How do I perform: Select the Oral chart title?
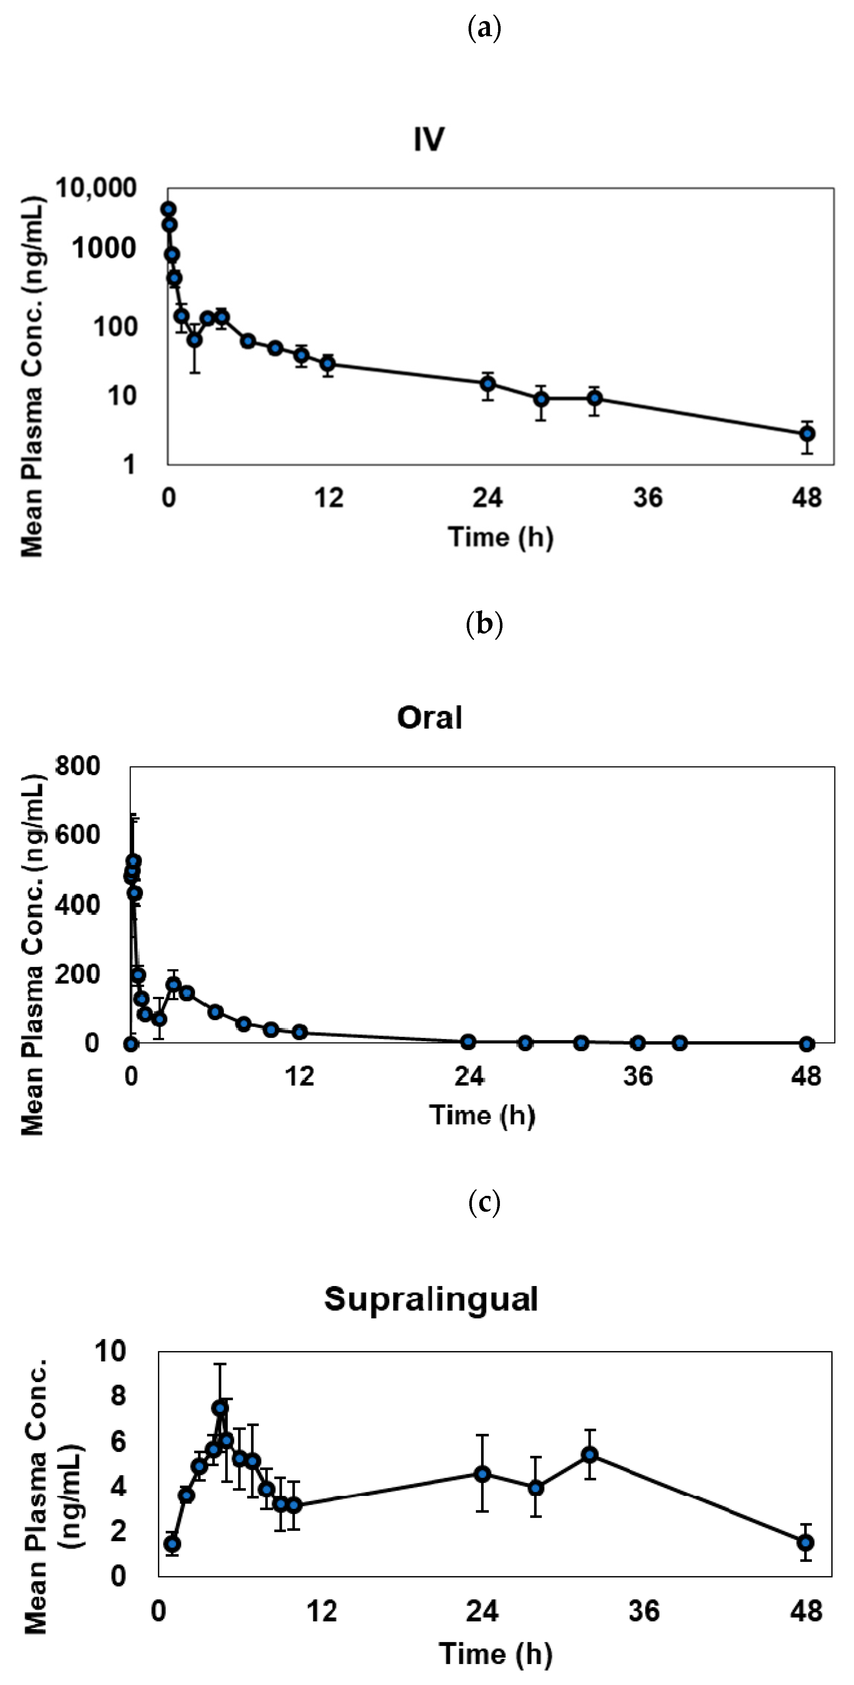[x=430, y=717]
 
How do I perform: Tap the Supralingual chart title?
[x=431, y=1299]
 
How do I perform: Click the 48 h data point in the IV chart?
[x=807, y=434]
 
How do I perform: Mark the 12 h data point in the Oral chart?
[x=299, y=1032]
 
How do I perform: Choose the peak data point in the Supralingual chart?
[x=220, y=1408]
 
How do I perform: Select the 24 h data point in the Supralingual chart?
[x=483, y=1474]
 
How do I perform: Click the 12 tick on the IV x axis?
[x=328, y=498]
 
